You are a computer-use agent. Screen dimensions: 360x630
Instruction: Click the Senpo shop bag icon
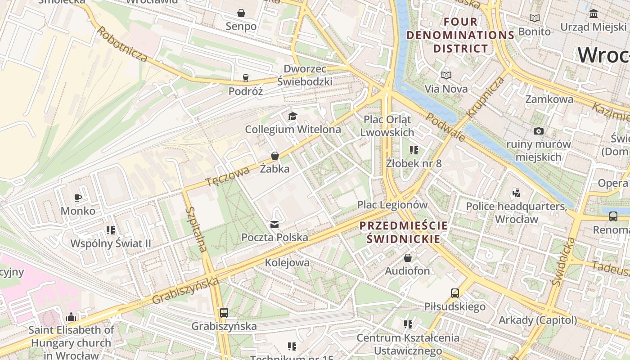pos(241,13)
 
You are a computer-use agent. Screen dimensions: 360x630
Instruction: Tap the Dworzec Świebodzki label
pos(305,75)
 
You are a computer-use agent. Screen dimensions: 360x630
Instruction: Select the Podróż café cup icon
pos(245,78)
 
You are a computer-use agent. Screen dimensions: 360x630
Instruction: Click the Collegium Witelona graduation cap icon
pos(293,117)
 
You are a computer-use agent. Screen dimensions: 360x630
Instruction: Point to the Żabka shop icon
pos(274,156)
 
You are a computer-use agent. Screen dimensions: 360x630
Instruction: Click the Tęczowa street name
pos(228,176)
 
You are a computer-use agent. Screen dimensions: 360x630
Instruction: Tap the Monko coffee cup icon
pos(78,198)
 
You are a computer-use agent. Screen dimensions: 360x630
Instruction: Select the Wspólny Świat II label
pos(111,243)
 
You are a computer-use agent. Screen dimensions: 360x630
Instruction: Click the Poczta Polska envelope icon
pos(274,224)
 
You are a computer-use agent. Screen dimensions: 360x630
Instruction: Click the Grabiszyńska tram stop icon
pos(224,313)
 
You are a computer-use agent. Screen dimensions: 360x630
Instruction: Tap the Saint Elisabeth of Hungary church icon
pos(71,317)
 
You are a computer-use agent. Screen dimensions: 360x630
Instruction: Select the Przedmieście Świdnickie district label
pos(403,232)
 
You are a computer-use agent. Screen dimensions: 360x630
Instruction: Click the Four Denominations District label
pos(460,35)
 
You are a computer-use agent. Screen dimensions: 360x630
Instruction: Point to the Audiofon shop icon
pos(407,258)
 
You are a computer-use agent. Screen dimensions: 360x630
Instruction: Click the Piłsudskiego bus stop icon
pos(455,293)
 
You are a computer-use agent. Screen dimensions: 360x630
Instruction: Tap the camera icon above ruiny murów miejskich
pos(538,131)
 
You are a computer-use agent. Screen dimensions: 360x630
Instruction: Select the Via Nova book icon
pos(446,75)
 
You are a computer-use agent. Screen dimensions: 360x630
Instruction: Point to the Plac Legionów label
pos(392,205)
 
